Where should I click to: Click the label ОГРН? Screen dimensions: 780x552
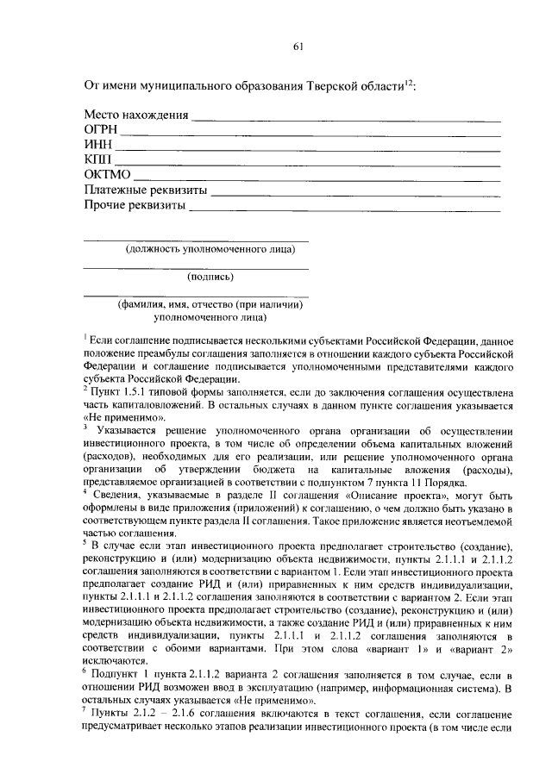pyautogui.click(x=100, y=130)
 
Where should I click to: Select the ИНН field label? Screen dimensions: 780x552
pyautogui.click(x=98, y=146)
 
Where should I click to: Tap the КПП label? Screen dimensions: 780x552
pyautogui.click(x=98, y=160)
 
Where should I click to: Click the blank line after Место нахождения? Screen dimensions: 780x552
pyautogui.click(x=345, y=119)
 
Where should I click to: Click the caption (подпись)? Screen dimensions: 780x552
pyautogui.click(x=210, y=277)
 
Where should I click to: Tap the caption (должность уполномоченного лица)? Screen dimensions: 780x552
pyautogui.click(x=210, y=250)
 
